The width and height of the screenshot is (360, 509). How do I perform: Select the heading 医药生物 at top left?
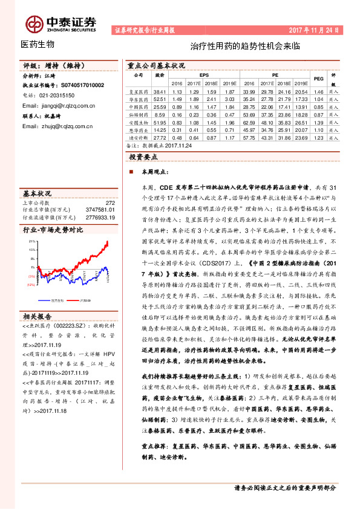[x=38, y=44]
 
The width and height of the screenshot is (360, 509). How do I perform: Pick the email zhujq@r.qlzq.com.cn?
[x=57, y=126]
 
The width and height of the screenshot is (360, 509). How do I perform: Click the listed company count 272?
[x=109, y=203]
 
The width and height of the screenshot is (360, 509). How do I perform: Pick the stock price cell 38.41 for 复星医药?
[x=160, y=91]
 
